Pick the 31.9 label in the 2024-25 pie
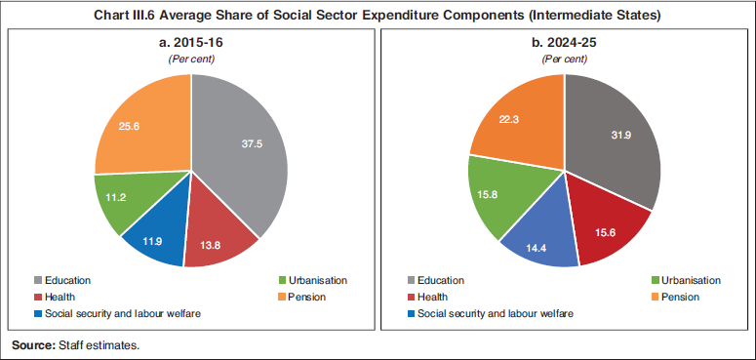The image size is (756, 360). tap(620, 134)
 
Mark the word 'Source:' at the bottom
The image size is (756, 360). tap(33, 345)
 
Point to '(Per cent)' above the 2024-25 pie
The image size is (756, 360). tap(564, 60)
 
